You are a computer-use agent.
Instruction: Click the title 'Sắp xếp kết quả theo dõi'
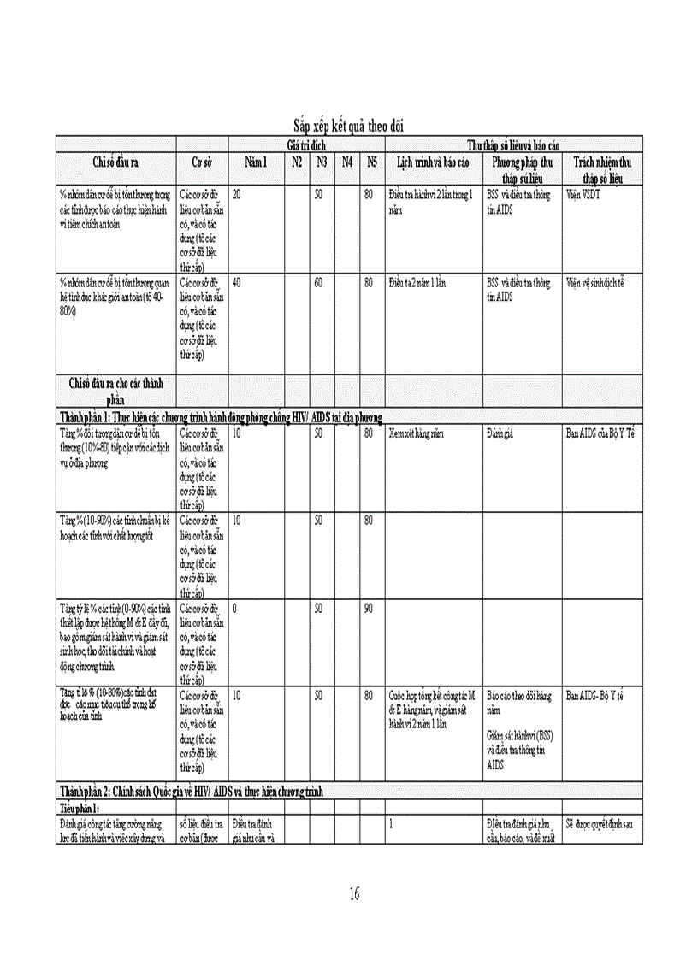[x=348, y=127]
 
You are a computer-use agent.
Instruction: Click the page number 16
[x=354, y=894]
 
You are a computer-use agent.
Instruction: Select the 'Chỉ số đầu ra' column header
[x=116, y=162]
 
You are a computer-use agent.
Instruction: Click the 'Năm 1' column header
[x=257, y=162]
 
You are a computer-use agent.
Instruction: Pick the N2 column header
[x=297, y=162]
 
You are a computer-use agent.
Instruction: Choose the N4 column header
[x=347, y=162]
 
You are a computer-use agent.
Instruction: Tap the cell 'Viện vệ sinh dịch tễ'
[x=595, y=282]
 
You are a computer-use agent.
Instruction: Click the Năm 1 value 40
[x=237, y=282]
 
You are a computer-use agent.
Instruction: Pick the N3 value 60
[x=318, y=282]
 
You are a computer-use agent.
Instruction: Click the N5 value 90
[x=369, y=608]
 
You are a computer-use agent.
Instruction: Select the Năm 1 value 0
[x=235, y=608]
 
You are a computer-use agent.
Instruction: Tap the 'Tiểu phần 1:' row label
[x=80, y=808]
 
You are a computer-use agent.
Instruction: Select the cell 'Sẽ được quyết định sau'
[x=600, y=824]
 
